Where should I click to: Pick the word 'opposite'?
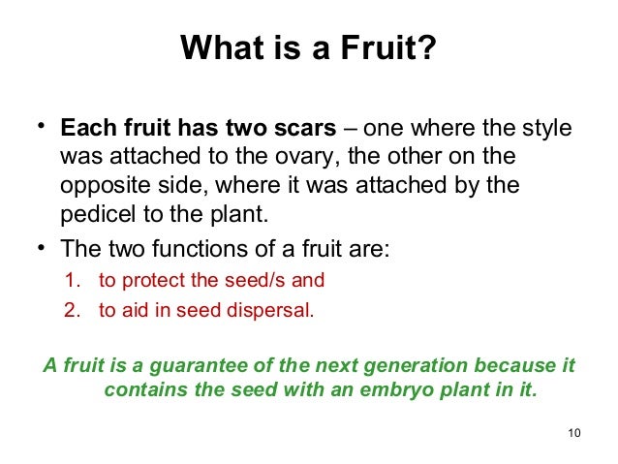tap(98, 184)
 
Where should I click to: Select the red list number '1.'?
tap(72, 281)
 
